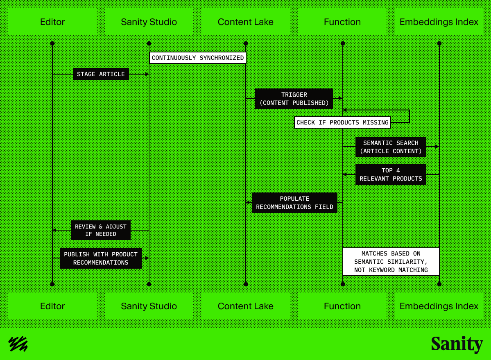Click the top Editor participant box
pyautogui.click(x=52, y=22)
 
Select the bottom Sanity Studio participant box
pyautogui.click(x=149, y=306)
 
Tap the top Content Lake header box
pyautogui.click(x=246, y=22)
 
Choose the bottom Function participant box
pyautogui.click(x=342, y=306)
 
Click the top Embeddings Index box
pyautogui.click(x=439, y=22)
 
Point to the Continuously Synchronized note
pyautogui.click(x=198, y=58)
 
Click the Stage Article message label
pyautogui.click(x=101, y=74)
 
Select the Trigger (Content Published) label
pyautogui.click(x=294, y=99)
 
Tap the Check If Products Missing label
pyautogui.click(x=342, y=122)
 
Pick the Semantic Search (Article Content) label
pyautogui.click(x=391, y=147)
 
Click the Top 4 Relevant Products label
pyautogui.click(x=391, y=174)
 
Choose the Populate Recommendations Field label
pyautogui.click(x=294, y=203)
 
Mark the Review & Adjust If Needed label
pyautogui.click(x=101, y=230)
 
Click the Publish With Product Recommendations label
pyautogui.click(x=101, y=258)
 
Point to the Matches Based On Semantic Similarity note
pyautogui.click(x=391, y=262)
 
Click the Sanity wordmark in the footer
pyautogui.click(x=457, y=344)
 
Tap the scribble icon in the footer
pyautogui.click(x=18, y=344)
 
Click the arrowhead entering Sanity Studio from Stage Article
pyautogui.click(x=147, y=74)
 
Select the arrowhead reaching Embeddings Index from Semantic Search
pyautogui.click(x=437, y=146)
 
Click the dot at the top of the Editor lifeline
pyautogui.click(x=52, y=43)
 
